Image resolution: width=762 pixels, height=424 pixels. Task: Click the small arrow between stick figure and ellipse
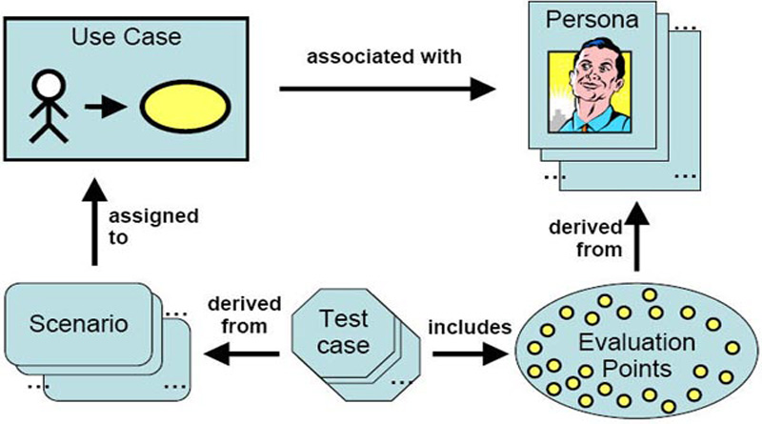103,105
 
